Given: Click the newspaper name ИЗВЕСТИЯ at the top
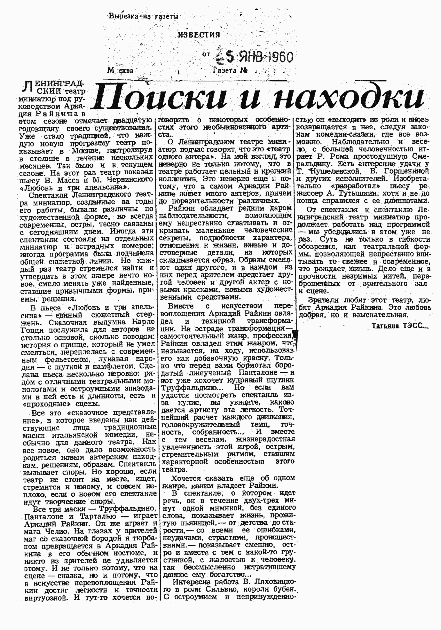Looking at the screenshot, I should click(x=199, y=35).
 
